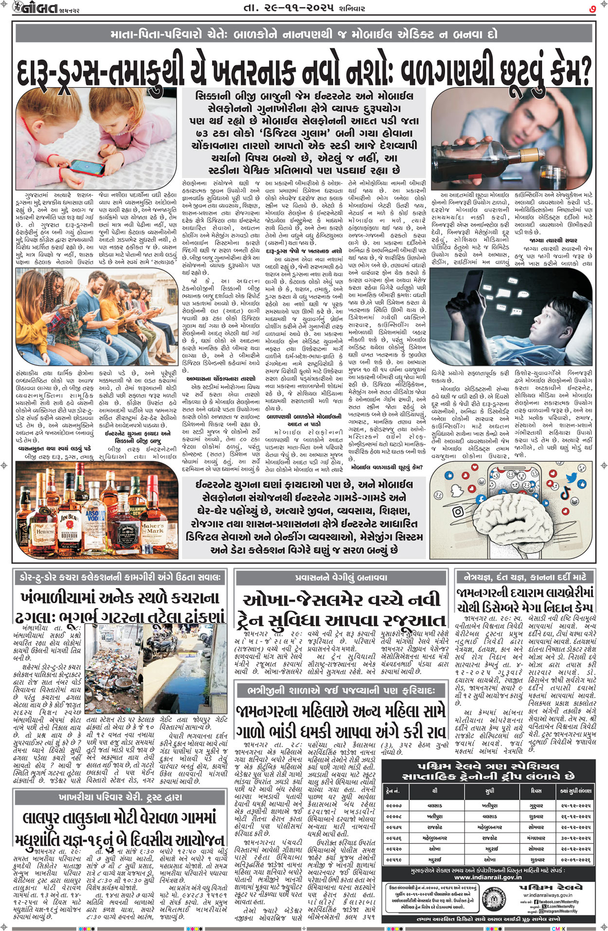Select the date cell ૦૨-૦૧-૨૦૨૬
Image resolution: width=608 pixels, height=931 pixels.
pos(576,859)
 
